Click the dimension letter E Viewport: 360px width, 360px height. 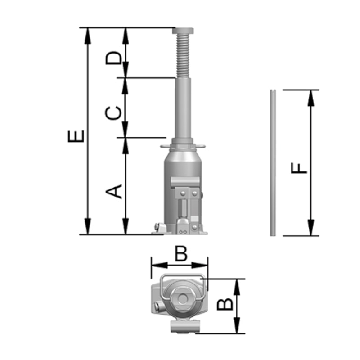[x=76, y=136]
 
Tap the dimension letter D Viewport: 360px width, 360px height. [x=113, y=58]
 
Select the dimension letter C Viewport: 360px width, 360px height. [x=113, y=113]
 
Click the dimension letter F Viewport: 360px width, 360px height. [x=299, y=168]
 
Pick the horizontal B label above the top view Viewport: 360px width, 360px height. [x=181, y=253]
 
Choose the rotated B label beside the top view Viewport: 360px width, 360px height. [x=225, y=304]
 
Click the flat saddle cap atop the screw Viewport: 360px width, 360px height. [x=183, y=31]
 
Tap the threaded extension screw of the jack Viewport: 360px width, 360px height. [x=183, y=56]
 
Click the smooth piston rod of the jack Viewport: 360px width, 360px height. [x=183, y=108]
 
